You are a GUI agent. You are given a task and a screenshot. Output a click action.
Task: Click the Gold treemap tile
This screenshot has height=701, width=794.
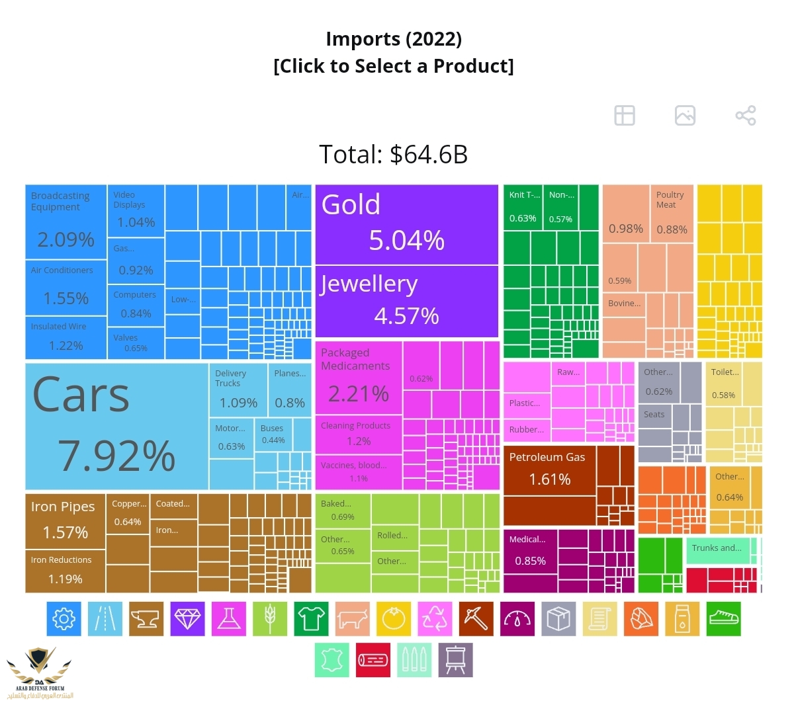[x=406, y=224]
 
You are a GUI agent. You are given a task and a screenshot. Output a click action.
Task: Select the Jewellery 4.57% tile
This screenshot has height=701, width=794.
[x=406, y=302]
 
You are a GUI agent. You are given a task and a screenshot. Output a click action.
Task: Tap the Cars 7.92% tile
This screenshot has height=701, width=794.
[x=116, y=426]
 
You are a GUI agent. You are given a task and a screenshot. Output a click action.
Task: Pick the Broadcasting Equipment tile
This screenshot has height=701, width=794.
[x=66, y=222]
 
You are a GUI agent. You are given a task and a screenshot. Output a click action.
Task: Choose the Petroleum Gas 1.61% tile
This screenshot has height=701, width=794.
[x=549, y=485]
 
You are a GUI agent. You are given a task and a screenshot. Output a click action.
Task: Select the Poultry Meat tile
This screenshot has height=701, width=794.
[x=671, y=214]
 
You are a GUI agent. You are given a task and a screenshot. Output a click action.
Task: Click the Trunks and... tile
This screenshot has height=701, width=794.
[x=717, y=550]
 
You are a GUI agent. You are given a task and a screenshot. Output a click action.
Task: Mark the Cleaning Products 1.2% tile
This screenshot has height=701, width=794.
[x=358, y=434]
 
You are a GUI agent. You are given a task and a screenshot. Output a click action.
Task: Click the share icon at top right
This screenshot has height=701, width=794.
[x=746, y=115]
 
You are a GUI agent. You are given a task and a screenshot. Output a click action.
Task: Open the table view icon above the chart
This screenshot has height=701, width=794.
[x=625, y=115]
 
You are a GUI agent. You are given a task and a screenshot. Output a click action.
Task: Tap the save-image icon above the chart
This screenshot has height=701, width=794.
[x=685, y=115]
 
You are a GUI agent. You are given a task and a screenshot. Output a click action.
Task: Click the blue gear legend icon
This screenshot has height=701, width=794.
[x=64, y=619]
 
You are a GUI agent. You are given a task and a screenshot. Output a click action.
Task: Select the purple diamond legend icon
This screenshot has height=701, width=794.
[x=187, y=619]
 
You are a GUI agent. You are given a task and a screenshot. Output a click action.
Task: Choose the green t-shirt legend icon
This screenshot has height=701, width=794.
[x=311, y=619]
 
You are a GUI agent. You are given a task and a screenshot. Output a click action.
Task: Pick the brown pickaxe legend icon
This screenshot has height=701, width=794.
[x=476, y=619]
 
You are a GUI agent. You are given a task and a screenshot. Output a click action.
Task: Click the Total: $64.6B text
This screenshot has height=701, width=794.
[x=394, y=155]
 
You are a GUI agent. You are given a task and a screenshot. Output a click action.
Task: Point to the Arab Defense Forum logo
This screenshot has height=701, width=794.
[x=40, y=671]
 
